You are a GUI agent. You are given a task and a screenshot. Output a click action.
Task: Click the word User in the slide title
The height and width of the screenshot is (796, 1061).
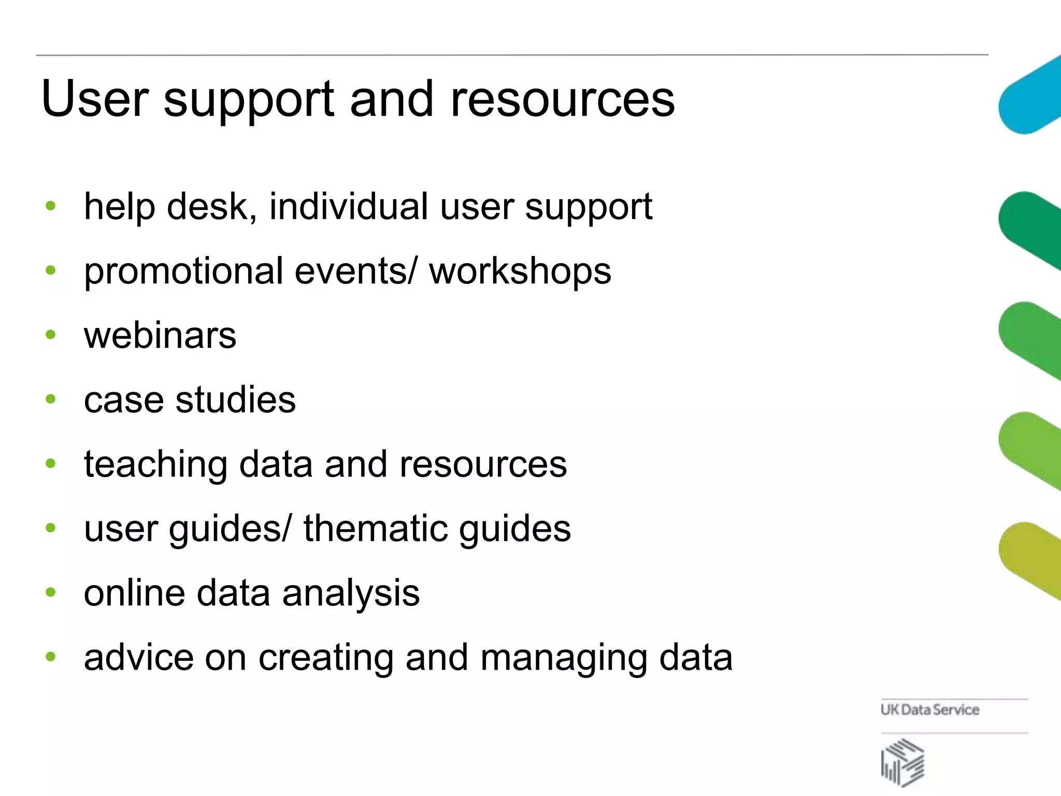pos(95,98)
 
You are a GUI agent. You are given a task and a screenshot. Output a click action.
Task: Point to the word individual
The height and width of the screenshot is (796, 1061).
pos(348,206)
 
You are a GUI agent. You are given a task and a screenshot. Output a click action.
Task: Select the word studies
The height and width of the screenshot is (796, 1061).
pos(236,400)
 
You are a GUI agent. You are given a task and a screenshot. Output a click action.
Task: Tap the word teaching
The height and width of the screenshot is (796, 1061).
pos(155,465)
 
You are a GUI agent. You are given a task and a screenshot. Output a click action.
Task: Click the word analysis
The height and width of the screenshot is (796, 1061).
pos(351,593)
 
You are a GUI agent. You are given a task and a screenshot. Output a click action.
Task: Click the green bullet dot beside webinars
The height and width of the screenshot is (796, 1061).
pos(50,335)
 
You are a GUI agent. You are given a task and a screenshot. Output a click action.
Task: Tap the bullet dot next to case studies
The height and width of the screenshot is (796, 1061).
pos(50,399)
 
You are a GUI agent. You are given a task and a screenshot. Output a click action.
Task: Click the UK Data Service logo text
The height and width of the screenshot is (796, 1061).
pos(930,709)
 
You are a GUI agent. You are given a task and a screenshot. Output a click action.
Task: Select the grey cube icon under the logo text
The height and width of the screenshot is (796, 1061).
pos(902,762)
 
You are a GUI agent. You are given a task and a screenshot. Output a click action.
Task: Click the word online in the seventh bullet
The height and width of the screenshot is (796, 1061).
pos(134,593)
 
